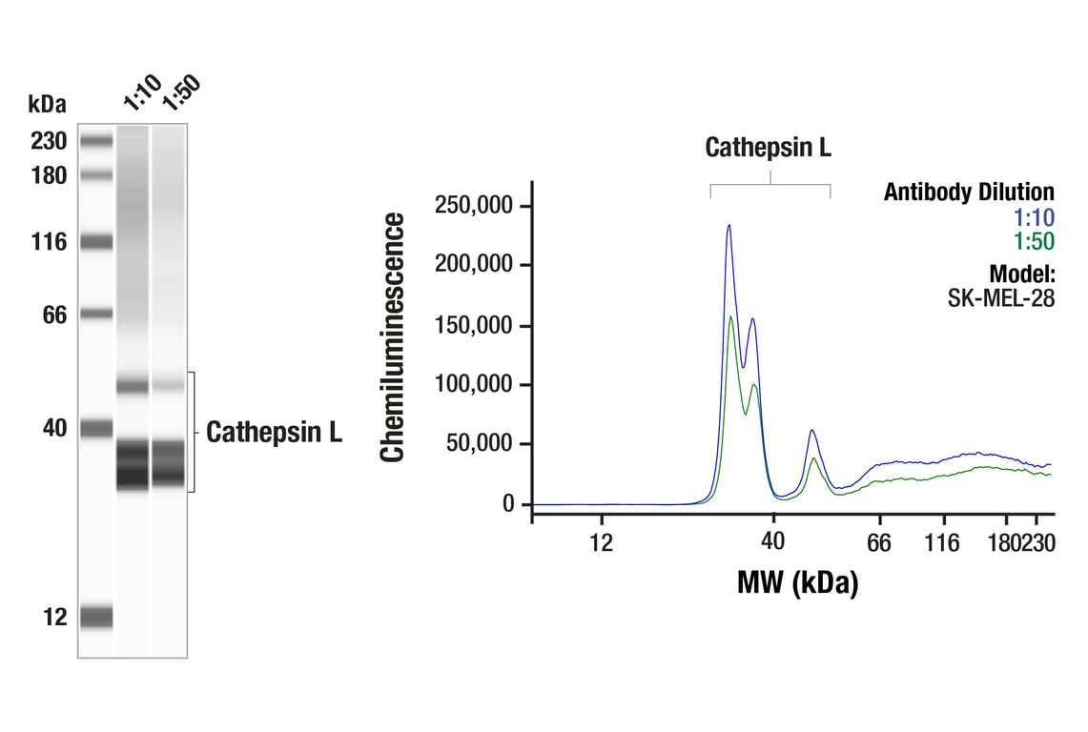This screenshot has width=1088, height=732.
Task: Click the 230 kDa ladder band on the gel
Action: [96, 141]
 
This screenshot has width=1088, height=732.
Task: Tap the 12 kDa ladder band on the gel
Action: [96, 617]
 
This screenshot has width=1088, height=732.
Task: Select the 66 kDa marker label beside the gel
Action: [54, 314]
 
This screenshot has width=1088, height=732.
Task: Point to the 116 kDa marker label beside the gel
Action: [49, 242]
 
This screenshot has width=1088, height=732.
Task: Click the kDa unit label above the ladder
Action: [47, 104]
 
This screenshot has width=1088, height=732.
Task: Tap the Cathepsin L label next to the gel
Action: [275, 433]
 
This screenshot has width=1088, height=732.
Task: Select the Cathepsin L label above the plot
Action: [768, 148]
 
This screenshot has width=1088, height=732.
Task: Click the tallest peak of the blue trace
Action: [729, 226]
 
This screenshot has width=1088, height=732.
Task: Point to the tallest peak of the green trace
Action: [730, 317]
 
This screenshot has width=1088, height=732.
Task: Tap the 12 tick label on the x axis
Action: [600, 543]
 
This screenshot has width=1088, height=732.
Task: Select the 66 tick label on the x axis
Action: [878, 543]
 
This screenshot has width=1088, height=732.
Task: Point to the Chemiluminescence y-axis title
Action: [393, 337]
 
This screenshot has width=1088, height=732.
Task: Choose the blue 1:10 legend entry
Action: [1033, 218]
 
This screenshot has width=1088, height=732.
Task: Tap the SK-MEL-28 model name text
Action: [1000, 296]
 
